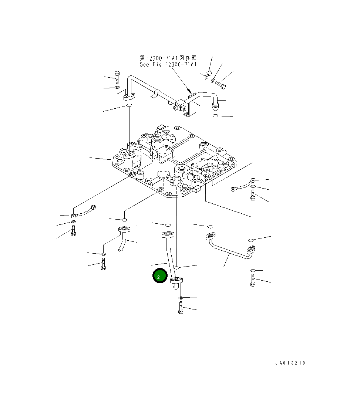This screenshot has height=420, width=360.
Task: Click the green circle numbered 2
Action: pyautogui.click(x=160, y=277)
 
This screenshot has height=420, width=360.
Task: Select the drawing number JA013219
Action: pyautogui.click(x=290, y=363)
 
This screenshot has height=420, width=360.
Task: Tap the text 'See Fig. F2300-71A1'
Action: pyautogui.click(x=168, y=64)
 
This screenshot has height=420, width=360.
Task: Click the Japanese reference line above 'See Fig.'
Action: pyautogui.click(x=168, y=58)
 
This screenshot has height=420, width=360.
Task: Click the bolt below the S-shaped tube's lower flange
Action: pyautogui.click(x=181, y=308)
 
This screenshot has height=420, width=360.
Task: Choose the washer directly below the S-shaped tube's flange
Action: pyautogui.click(x=180, y=298)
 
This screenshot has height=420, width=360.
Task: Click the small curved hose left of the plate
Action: pyautogui.click(x=84, y=211)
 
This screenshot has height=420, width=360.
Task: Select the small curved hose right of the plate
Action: pyautogui.click(x=242, y=184)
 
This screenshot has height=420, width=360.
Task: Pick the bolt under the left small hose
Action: pyautogui.click(x=73, y=232)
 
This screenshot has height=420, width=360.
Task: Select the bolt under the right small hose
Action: pyautogui.click(x=253, y=195)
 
